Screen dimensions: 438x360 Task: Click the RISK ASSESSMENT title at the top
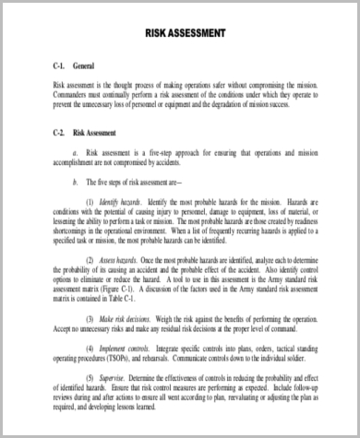click(185, 34)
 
